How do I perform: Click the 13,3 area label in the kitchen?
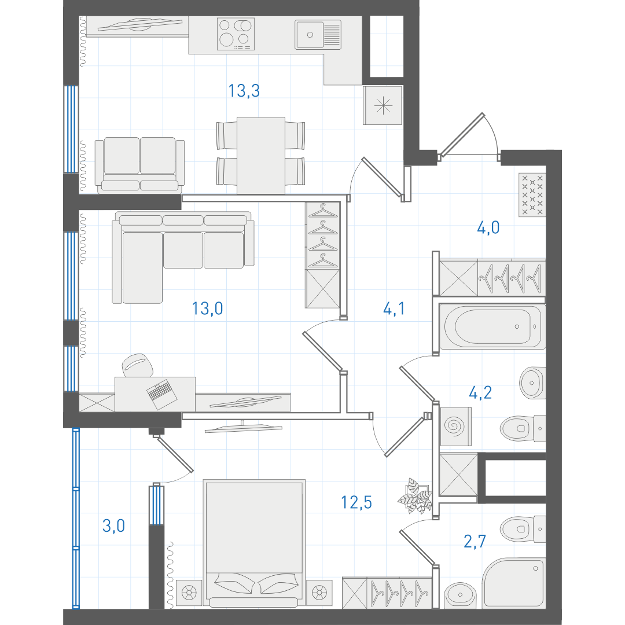click(244, 91)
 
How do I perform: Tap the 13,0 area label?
click(208, 308)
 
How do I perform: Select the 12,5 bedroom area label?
click(356, 503)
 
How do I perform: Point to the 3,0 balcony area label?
click(113, 525)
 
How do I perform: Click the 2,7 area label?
click(475, 541)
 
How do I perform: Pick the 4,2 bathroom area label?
click(480, 393)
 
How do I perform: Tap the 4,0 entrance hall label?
click(488, 227)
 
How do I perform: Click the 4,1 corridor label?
click(394, 308)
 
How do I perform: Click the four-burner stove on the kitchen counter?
click(236, 34)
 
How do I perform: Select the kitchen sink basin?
click(318, 35)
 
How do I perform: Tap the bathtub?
click(492, 326)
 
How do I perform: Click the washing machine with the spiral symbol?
click(455, 426)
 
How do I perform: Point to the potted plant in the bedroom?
click(416, 497)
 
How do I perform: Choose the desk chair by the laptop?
click(138, 365)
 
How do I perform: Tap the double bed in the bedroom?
click(254, 543)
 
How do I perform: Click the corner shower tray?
click(514, 583)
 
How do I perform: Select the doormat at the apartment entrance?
click(532, 195)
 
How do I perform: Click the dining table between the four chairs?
click(261, 156)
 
